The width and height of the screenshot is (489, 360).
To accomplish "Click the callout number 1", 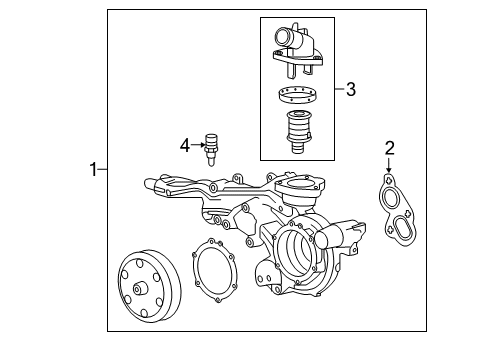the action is click(93, 169).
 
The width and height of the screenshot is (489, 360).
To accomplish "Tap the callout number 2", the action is click(389, 148).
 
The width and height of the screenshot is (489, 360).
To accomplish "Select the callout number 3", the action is click(351, 89).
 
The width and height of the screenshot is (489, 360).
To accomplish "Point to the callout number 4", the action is click(185, 145).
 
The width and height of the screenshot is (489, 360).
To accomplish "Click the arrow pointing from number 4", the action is click(198, 145).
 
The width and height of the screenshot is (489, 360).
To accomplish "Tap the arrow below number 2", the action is click(389, 166).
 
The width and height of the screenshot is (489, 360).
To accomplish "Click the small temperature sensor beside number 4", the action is click(211, 150).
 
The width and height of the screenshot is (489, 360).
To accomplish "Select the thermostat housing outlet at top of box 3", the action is click(297, 49).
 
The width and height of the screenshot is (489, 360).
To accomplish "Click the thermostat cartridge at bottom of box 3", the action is click(298, 132).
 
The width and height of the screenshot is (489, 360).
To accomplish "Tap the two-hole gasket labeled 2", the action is click(398, 210).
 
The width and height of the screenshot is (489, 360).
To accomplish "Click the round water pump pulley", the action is click(149, 286).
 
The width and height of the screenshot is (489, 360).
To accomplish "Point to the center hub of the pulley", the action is click(140, 288).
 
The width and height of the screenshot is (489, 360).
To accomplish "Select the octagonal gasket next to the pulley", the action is click(214, 272).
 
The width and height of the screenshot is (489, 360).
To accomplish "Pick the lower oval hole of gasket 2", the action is click(403, 228).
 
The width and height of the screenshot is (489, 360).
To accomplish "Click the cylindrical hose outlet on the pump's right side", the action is click(329, 237).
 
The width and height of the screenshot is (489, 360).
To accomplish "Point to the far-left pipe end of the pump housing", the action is click(149, 184).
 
